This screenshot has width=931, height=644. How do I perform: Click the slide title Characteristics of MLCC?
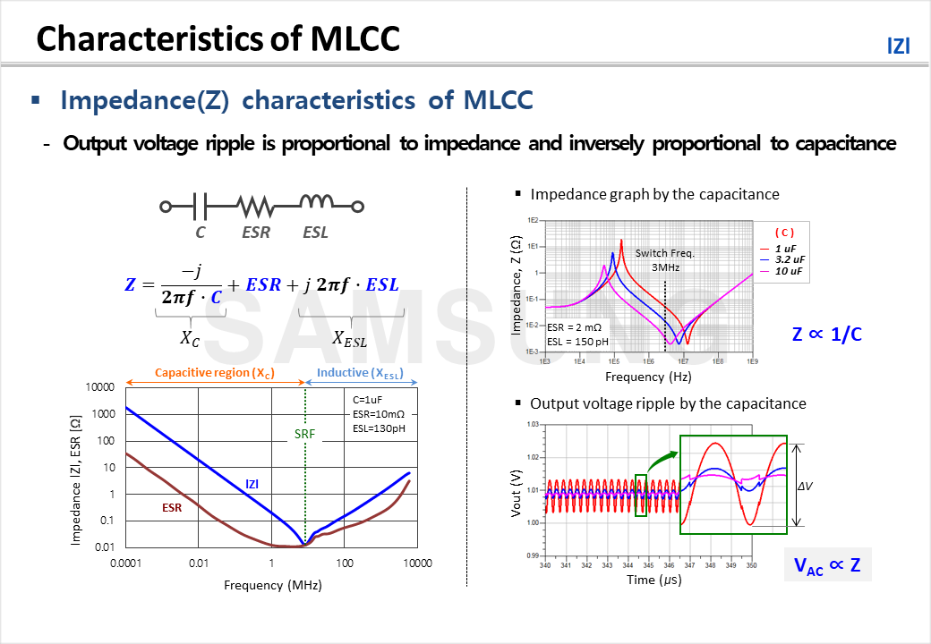tap(218, 39)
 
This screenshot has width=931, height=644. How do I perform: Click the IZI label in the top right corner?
tap(898, 47)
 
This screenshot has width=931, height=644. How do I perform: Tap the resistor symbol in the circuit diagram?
tap(256, 207)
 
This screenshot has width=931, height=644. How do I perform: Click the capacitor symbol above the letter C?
tap(201, 207)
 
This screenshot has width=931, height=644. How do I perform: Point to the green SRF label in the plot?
tap(305, 435)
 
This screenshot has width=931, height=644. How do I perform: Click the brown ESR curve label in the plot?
tap(172, 506)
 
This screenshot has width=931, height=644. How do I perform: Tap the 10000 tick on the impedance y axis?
tap(99, 387)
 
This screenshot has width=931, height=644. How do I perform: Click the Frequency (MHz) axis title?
tap(272, 585)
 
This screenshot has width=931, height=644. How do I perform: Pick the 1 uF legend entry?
tap(785, 248)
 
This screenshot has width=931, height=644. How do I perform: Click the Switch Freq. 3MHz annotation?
tap(664, 260)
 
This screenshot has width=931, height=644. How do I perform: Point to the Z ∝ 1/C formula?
tap(827, 334)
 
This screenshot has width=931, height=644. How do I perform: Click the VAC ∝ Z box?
tap(827, 565)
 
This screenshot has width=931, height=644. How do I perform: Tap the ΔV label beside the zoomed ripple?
tap(805, 486)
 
